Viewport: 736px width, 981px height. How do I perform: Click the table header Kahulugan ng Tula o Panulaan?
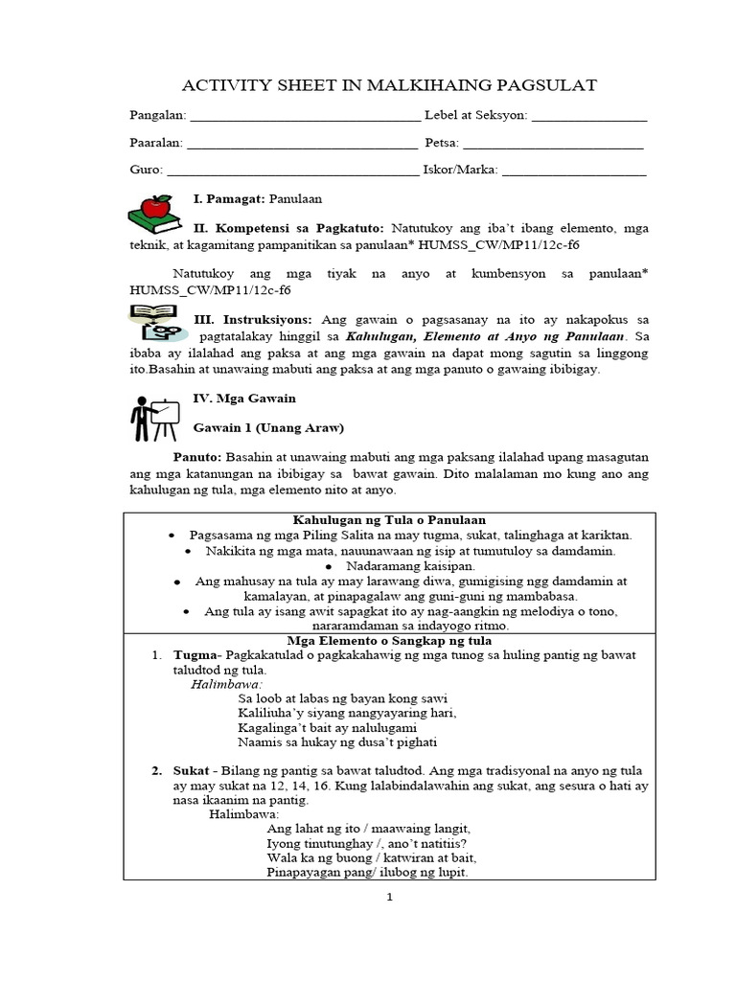pyautogui.click(x=388, y=518)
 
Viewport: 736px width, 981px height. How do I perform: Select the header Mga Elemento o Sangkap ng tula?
pyautogui.click(x=389, y=639)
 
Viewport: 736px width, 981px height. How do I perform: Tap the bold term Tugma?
pyautogui.click(x=195, y=654)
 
